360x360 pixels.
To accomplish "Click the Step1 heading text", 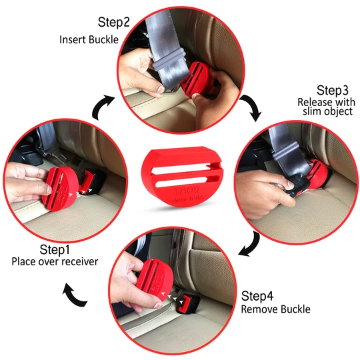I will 54,249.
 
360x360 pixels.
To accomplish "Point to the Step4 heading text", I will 257,295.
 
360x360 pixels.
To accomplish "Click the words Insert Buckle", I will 88,39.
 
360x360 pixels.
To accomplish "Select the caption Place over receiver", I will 55,261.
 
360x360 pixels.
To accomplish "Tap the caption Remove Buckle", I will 275,309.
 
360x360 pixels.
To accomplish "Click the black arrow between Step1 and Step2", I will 101,105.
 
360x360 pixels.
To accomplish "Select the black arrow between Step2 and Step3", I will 252,106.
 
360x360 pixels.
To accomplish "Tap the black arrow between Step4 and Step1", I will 75,295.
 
